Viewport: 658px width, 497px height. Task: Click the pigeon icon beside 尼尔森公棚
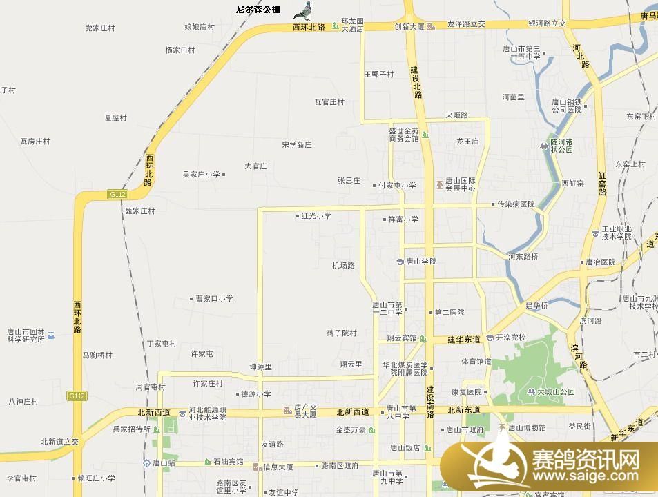302,10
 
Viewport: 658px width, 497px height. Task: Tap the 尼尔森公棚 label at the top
258,10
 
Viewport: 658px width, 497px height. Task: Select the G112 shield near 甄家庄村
117,195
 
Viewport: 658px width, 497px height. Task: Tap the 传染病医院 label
516,204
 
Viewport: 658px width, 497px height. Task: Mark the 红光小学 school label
316,216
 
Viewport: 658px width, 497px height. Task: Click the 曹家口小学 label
213,299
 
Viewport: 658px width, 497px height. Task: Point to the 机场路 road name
342,265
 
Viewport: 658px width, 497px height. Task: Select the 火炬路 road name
456,115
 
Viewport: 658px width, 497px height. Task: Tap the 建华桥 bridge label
536,305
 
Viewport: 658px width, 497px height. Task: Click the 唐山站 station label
163,462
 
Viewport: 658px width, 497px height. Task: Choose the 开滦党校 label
510,338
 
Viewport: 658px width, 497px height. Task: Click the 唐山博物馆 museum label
526,428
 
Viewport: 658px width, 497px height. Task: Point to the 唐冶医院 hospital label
599,262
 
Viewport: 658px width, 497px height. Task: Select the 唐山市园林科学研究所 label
26,335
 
